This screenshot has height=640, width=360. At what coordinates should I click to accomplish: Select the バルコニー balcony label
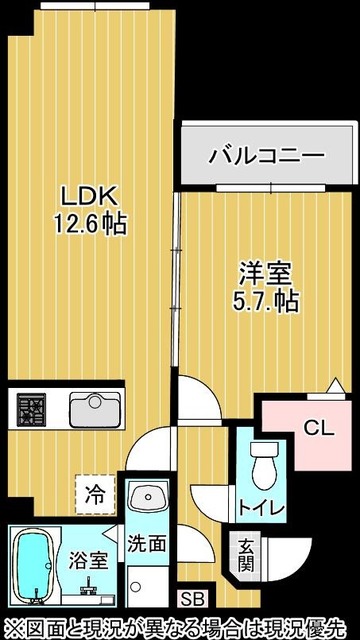coord(266,156)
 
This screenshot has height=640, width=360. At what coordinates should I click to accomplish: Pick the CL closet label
coord(317,429)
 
